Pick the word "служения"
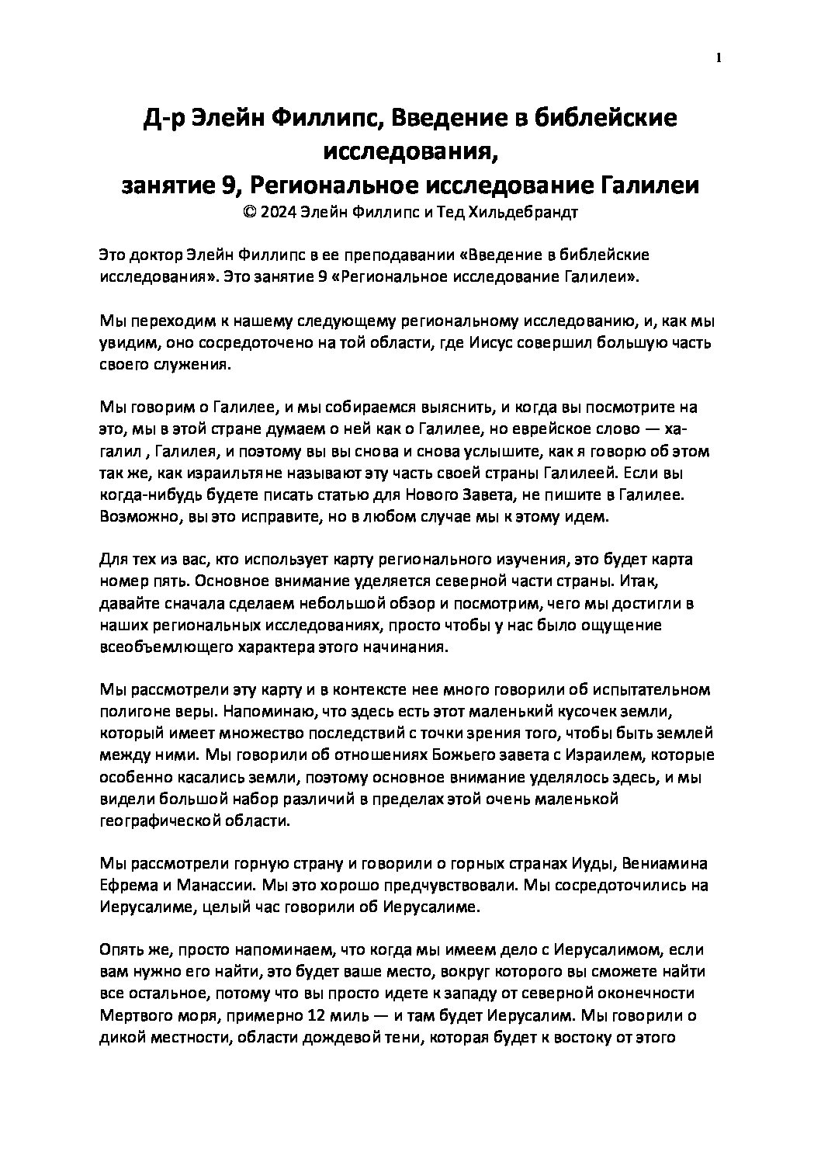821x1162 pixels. click(186, 364)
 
